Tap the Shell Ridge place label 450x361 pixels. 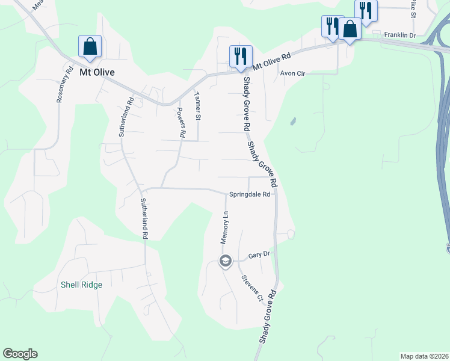(81, 285)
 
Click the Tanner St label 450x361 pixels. (197, 104)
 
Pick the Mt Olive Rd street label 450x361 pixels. (271, 60)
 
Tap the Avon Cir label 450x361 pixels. (293, 73)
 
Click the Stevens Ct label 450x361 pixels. (252, 288)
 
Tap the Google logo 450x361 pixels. (20, 354)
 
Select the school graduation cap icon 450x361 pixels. (226, 261)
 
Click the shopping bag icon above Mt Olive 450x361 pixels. (90, 46)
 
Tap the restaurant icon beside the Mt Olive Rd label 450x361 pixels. (240, 56)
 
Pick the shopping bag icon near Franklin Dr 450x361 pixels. (350, 28)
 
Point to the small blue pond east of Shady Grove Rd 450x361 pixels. (292, 122)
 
